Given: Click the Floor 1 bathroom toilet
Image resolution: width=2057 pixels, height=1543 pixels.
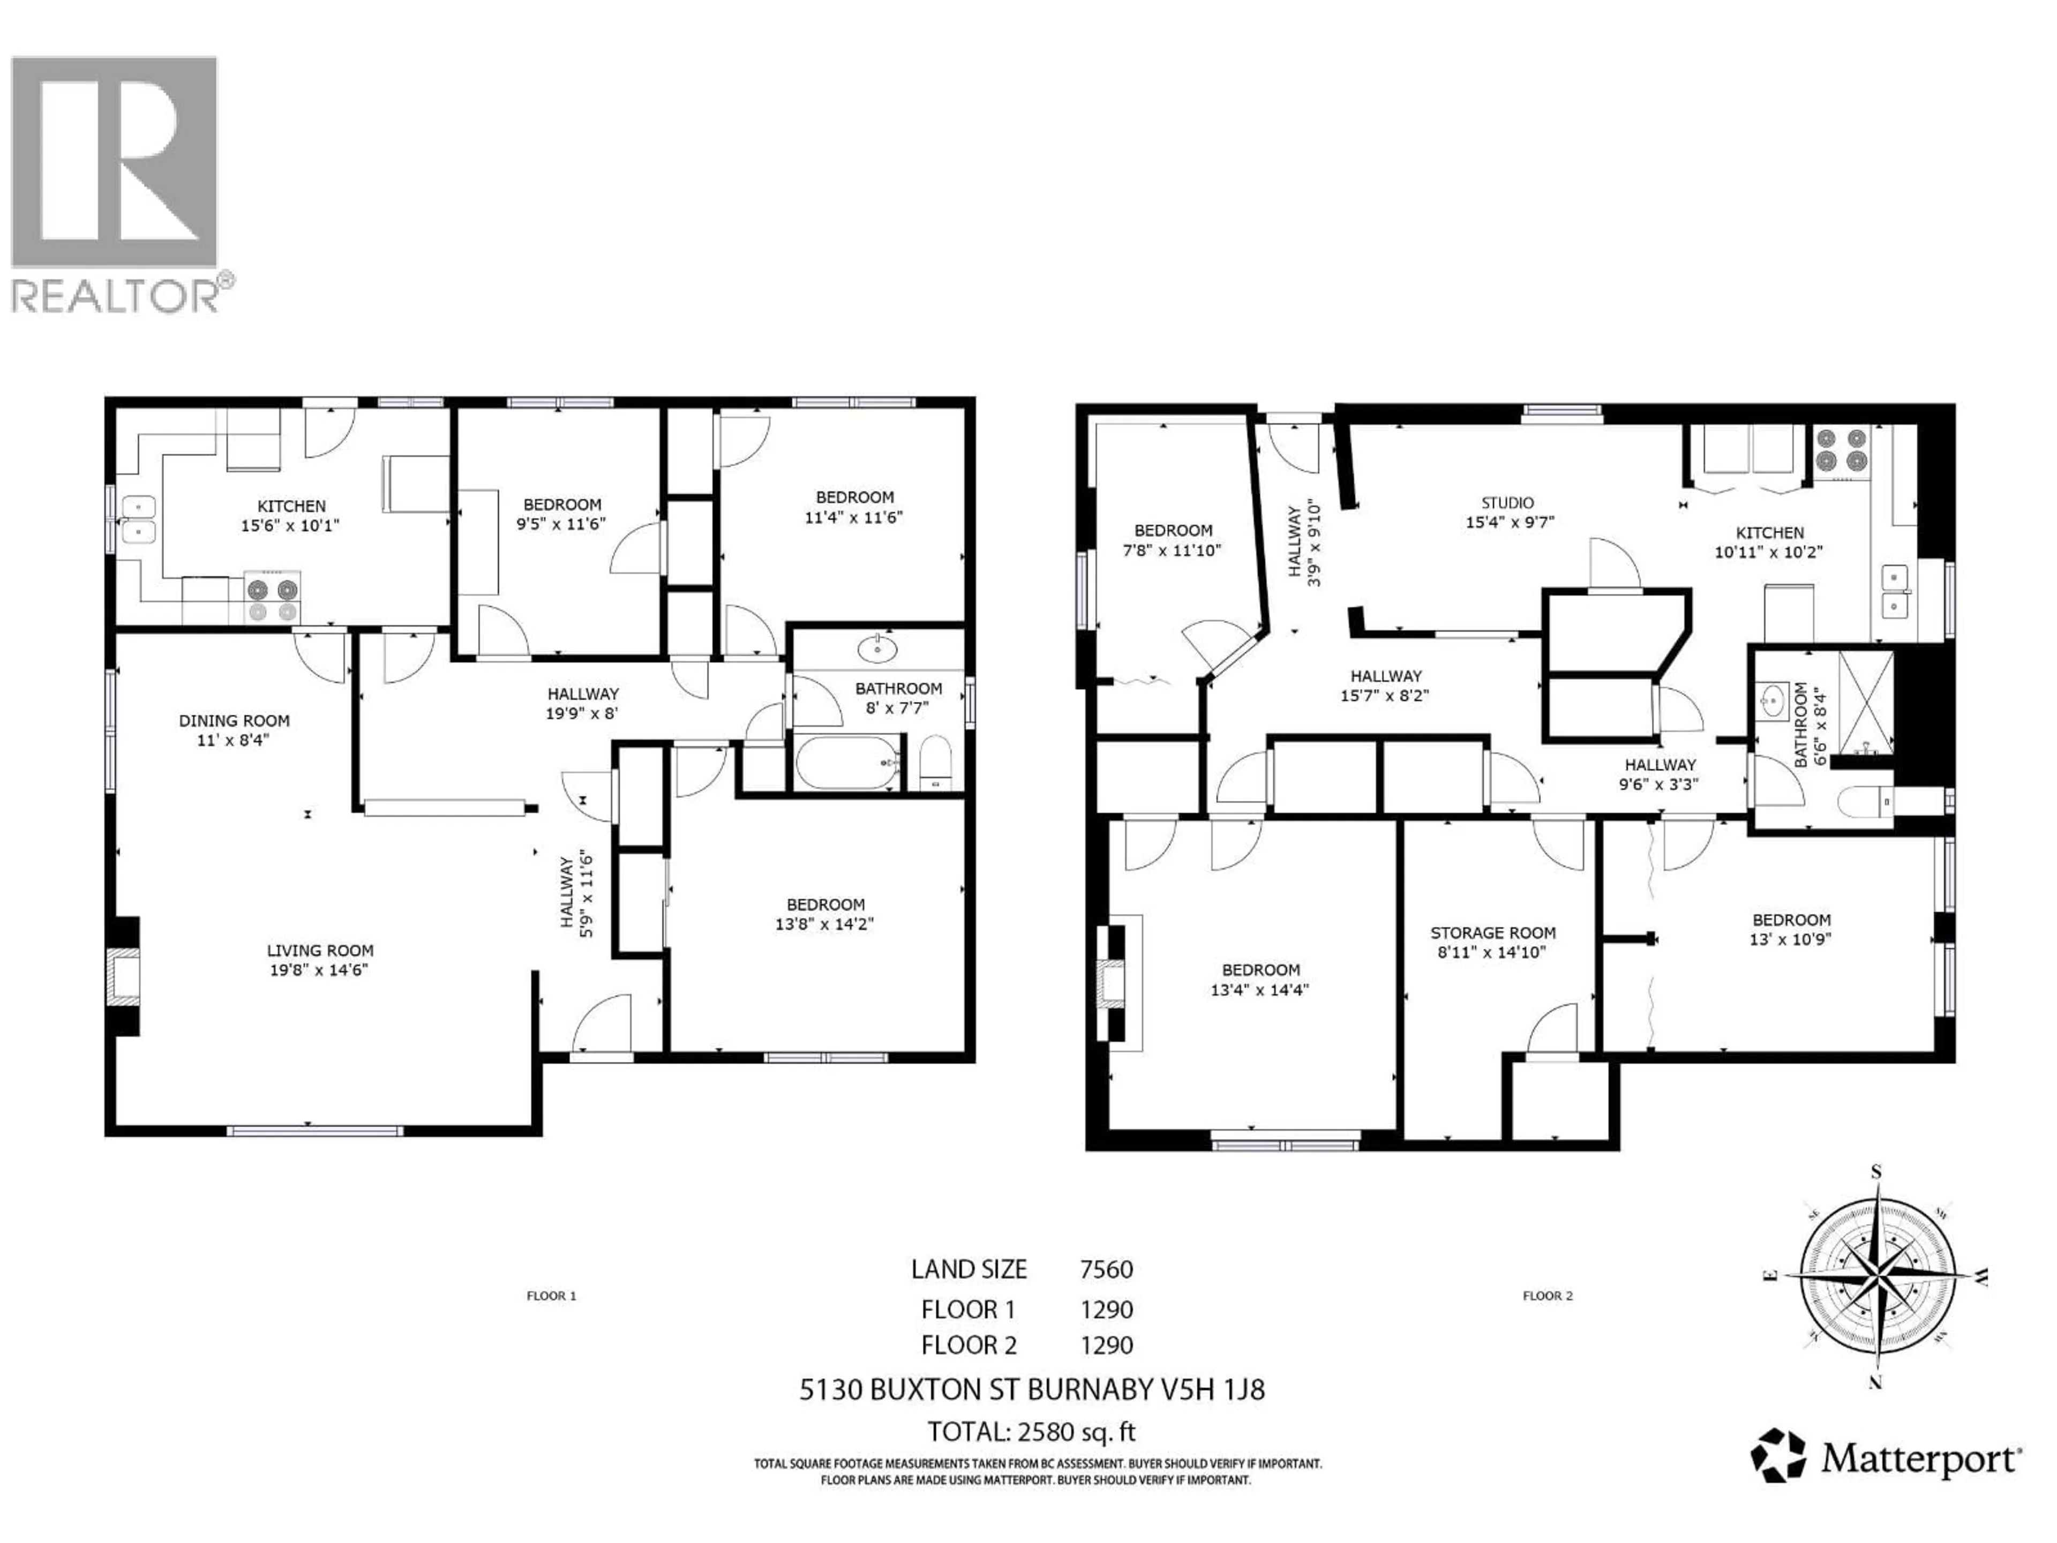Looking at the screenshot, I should pyautogui.click(x=935, y=763).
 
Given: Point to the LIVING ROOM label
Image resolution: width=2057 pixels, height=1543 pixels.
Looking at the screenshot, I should pyautogui.click(x=320, y=950).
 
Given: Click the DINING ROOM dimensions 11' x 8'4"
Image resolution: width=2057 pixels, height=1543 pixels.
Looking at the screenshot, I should pyautogui.click(x=234, y=740).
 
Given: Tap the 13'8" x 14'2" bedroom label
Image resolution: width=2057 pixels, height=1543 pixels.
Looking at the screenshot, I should pyautogui.click(x=825, y=914).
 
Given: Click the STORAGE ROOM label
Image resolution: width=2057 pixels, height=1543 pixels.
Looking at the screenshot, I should pyautogui.click(x=1492, y=933).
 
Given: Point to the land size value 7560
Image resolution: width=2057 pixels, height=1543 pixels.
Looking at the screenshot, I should pyautogui.click(x=1106, y=1270).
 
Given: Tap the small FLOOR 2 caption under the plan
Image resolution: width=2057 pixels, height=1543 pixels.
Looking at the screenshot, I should pyautogui.click(x=1548, y=1295).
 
